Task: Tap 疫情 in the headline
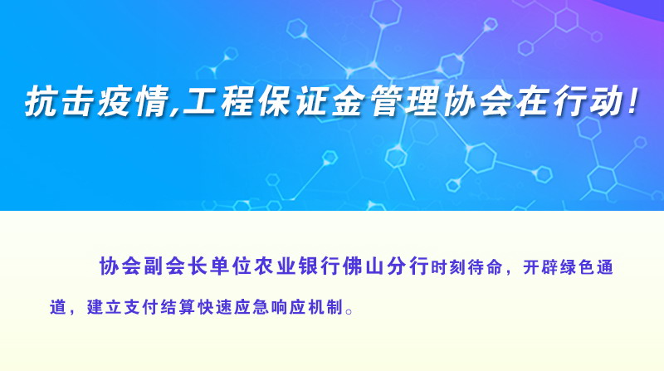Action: [x=133, y=101]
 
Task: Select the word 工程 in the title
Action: [x=219, y=101]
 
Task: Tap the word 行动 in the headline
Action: [x=589, y=101]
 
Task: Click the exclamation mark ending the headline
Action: [x=633, y=100]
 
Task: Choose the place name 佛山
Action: [x=363, y=266]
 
